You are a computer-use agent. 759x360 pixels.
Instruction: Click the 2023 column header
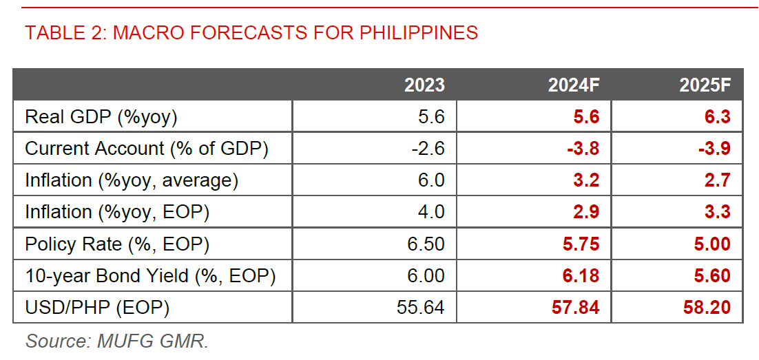[424, 85]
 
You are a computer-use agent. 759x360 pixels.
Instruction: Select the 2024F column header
[574, 85]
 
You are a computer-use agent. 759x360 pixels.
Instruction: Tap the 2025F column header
[705, 85]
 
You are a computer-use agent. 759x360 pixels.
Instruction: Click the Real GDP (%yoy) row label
[101, 117]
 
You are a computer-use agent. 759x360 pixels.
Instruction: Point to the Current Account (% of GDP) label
[147, 149]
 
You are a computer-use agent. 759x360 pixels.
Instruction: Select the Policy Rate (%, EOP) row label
[117, 244]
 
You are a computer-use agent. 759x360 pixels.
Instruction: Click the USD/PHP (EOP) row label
[97, 308]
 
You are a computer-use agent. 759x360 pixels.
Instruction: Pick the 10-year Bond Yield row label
[150, 276]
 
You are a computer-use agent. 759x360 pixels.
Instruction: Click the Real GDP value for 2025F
[717, 117]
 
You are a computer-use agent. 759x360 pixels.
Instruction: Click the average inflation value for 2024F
[585, 180]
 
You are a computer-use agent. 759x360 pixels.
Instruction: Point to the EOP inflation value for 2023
[431, 212]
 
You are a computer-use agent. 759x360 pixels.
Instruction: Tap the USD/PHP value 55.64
[421, 308]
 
